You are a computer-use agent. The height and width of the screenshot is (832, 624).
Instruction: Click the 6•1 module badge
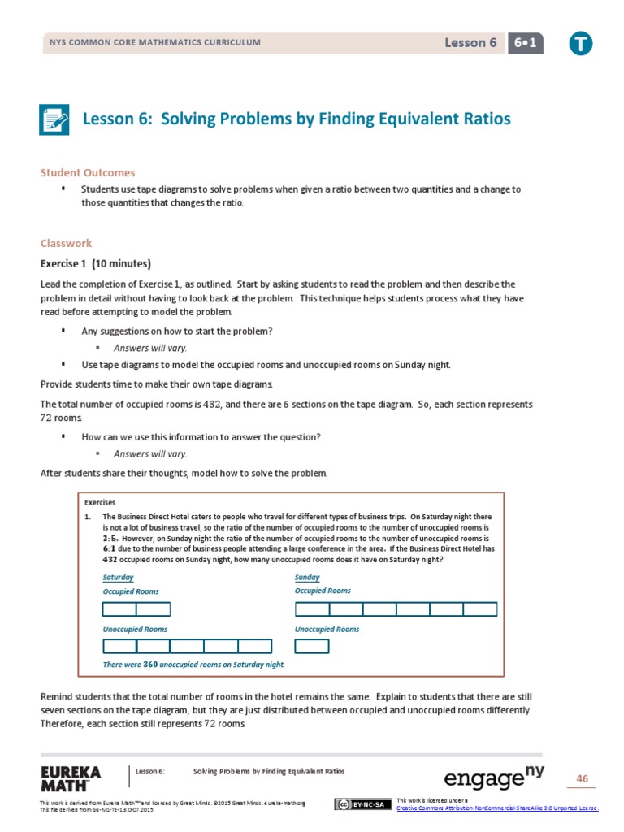click(x=525, y=43)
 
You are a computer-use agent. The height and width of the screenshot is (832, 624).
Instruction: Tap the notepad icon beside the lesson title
click(x=55, y=119)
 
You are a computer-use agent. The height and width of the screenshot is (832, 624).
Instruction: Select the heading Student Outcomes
click(x=88, y=173)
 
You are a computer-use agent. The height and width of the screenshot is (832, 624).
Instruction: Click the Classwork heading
click(x=66, y=243)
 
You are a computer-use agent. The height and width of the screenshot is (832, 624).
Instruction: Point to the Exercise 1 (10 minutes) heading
click(x=95, y=263)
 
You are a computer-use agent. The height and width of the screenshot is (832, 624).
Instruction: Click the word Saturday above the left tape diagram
click(x=118, y=577)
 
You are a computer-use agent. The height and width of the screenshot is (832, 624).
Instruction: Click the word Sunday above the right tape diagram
click(x=307, y=577)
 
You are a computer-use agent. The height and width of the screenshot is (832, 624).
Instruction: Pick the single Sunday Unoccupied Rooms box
click(x=312, y=646)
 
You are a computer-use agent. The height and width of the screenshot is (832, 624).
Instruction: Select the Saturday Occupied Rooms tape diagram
click(x=136, y=609)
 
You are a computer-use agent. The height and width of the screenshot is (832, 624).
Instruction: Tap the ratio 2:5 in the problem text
click(x=115, y=538)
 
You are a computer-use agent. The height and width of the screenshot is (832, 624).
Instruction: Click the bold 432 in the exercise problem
click(x=110, y=559)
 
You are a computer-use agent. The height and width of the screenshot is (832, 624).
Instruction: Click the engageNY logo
click(x=494, y=778)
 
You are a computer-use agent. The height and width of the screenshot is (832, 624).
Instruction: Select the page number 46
click(x=582, y=779)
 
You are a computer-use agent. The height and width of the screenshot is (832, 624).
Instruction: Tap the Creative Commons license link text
click(x=496, y=808)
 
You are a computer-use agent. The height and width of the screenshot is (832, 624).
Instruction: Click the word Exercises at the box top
click(x=100, y=502)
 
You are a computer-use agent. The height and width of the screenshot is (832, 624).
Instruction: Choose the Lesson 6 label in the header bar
click(x=470, y=43)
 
